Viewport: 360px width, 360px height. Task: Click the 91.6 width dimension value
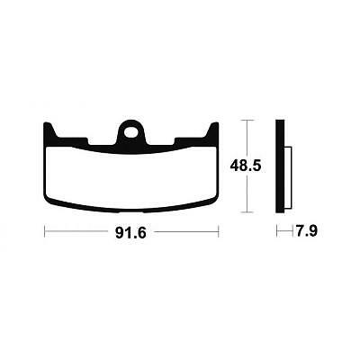(130, 233)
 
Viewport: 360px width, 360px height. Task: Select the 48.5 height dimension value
(246, 166)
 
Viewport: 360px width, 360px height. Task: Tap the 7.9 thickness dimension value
(307, 231)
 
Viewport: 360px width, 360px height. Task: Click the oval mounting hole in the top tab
(131, 132)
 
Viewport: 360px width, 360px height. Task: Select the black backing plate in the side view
(280, 166)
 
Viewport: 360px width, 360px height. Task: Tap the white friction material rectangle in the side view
(288, 177)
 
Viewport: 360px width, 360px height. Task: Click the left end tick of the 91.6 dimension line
(45, 231)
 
